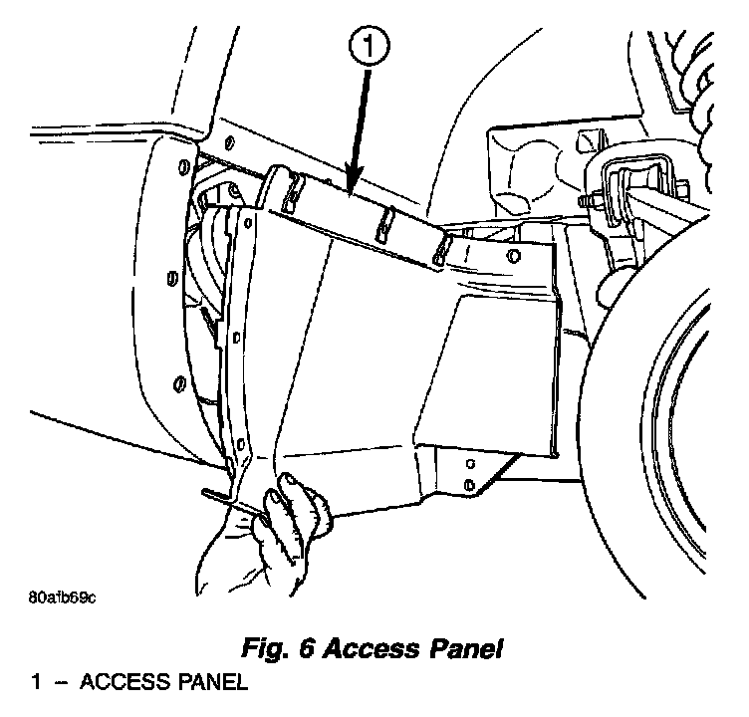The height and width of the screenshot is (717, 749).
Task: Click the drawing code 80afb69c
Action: click(62, 597)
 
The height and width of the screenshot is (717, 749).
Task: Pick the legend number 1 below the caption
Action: click(36, 684)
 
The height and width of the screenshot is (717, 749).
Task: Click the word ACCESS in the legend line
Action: click(117, 684)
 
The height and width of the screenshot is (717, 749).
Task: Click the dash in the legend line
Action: click(61, 685)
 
